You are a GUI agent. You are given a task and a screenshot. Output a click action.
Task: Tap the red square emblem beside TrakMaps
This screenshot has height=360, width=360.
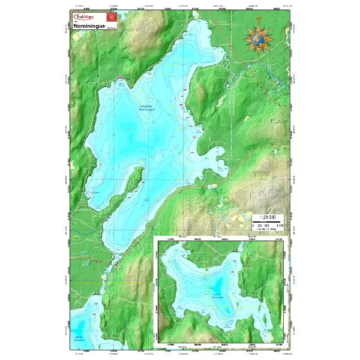[109, 18]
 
